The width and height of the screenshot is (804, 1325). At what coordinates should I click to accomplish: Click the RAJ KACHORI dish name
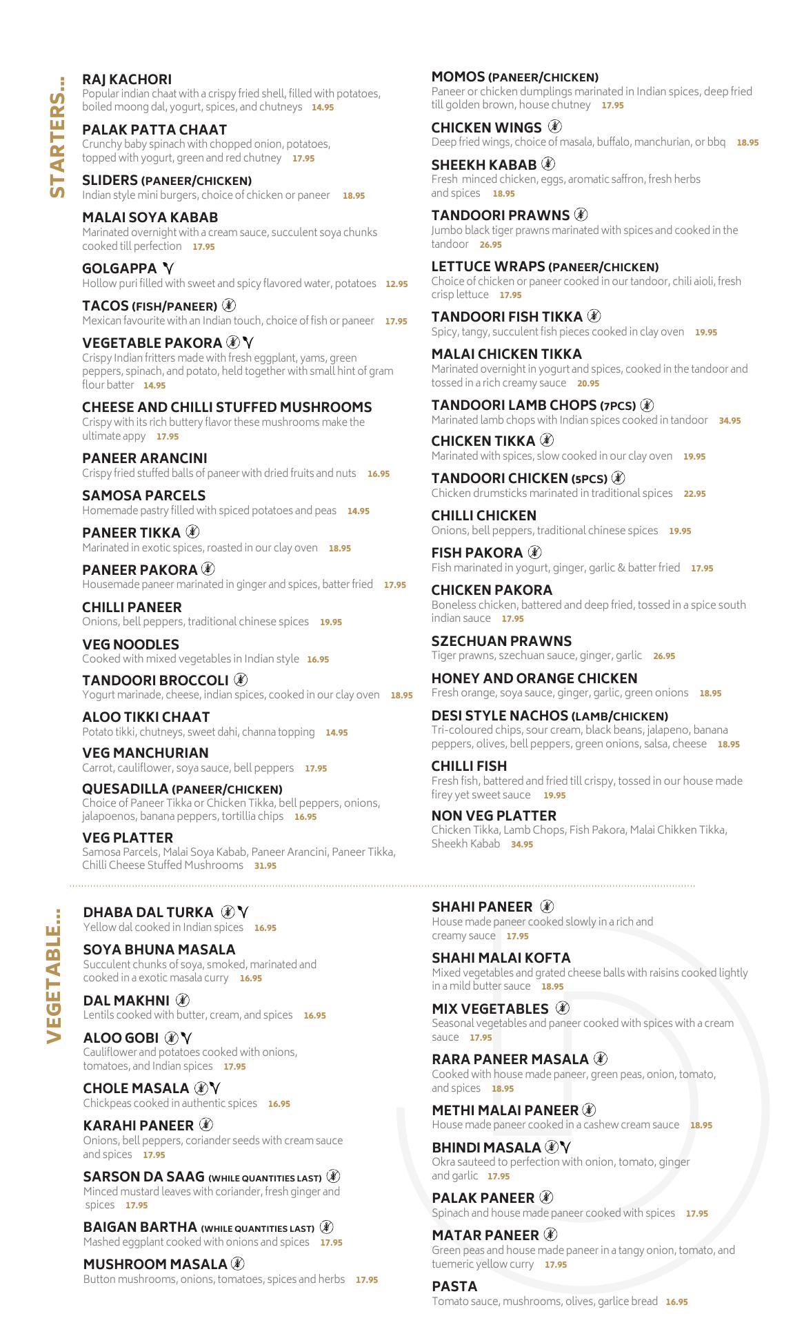pos(127,79)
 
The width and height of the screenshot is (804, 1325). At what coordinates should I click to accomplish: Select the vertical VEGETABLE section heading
pos(56,974)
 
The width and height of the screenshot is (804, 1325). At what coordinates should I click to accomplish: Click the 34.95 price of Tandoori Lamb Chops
pos(730,420)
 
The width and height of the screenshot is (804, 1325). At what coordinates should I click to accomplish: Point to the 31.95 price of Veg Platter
pos(265,865)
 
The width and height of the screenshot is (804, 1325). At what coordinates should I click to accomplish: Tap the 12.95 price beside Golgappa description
pos(396,284)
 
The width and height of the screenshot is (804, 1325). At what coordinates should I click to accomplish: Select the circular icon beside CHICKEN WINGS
pos(555,126)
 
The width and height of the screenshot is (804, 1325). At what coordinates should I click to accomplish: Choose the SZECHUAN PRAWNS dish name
pos(501,641)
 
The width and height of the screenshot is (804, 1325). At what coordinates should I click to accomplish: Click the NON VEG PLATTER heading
pos(494,816)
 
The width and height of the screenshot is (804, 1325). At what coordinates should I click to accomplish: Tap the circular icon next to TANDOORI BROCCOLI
pos(241,680)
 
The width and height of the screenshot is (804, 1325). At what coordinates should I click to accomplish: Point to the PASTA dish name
pos(454,1286)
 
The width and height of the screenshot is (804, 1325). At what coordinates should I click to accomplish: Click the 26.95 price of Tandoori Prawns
pos(490,244)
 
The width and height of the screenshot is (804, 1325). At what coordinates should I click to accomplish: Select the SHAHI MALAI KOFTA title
pos(501,958)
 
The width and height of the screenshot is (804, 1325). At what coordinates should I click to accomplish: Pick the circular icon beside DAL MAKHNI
pos(182,1000)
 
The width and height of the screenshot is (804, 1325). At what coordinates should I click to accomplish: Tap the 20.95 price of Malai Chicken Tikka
pos(588,383)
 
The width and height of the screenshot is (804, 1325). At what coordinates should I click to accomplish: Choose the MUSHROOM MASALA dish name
pos(155,1264)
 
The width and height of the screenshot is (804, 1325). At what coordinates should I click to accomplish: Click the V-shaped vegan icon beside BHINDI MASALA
pos(566,1148)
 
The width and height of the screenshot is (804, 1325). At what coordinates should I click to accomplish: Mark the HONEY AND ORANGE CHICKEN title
pos(534,678)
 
